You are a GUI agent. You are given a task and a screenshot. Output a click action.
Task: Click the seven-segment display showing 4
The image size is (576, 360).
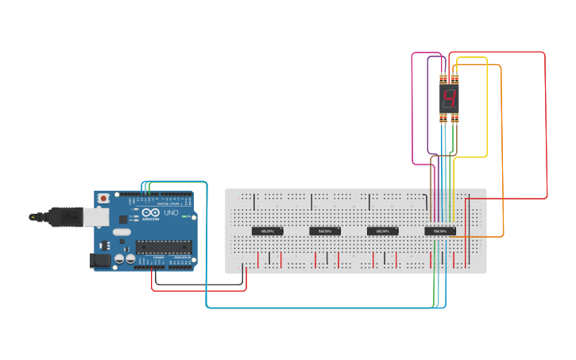449,99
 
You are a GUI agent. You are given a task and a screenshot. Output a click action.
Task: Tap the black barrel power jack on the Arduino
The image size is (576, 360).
101,259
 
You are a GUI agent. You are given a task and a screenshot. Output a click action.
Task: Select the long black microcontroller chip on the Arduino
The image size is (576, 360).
164,246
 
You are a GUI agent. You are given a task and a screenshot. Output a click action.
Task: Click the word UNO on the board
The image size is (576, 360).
172,213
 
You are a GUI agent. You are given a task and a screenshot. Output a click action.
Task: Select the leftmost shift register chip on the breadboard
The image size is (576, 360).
268,231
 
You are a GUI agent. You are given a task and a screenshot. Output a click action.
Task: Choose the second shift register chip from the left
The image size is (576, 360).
325,231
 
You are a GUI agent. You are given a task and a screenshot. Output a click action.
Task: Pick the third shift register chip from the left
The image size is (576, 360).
382,231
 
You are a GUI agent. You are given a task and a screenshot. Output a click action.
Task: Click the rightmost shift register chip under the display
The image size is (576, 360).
440,231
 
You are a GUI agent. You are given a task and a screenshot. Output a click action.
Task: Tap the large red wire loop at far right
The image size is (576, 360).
546,127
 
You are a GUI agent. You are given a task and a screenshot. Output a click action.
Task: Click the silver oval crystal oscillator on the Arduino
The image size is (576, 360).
120,233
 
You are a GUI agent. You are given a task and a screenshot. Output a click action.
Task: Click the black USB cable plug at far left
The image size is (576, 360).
40,216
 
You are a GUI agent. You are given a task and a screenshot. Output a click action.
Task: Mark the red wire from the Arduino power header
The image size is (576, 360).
199,289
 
